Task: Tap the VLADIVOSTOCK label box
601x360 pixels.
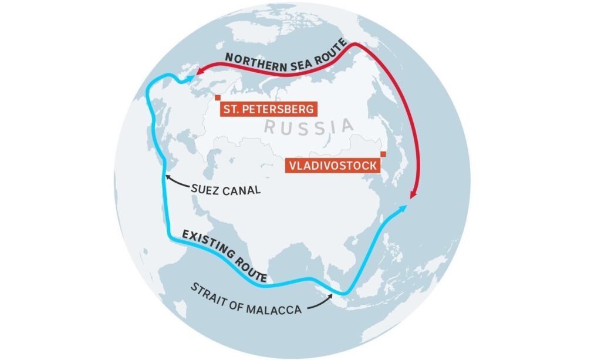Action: [332, 166]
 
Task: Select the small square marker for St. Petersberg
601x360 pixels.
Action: [217, 98]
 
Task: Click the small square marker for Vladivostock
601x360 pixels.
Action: [383, 154]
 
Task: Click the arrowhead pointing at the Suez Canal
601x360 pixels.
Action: [167, 176]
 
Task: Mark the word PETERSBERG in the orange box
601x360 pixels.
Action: [281, 109]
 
